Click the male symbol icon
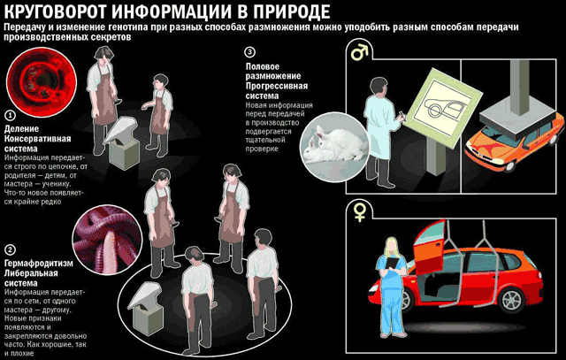[x=359, y=52]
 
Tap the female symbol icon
[x=360, y=212]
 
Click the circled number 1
[x=11, y=116]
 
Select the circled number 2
[x=11, y=249]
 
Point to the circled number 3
[x=249, y=52]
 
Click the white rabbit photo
[x=334, y=147]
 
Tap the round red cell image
[x=42, y=80]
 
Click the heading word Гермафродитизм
[x=39, y=264]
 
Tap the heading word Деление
[x=21, y=128]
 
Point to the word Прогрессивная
[x=277, y=86]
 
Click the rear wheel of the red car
[x=512, y=301]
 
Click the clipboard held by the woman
[x=391, y=263]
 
